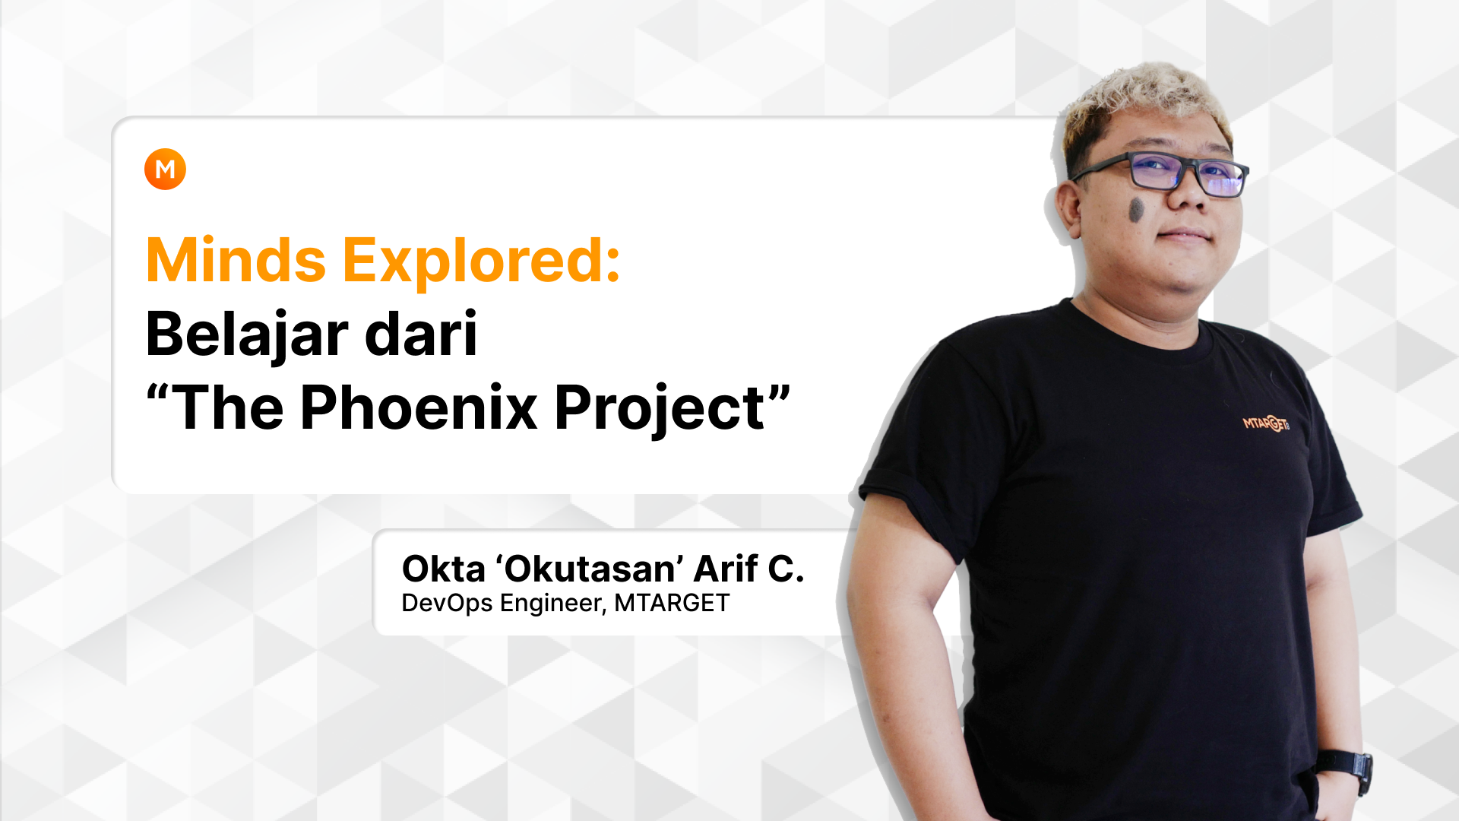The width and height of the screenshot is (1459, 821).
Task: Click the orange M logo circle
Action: click(165, 169)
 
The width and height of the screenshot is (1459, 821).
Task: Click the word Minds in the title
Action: click(236, 260)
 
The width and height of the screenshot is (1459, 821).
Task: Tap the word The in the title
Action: click(228, 407)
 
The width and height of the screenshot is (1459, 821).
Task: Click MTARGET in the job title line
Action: click(672, 603)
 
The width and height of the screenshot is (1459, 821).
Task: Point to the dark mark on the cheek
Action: click(1137, 211)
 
